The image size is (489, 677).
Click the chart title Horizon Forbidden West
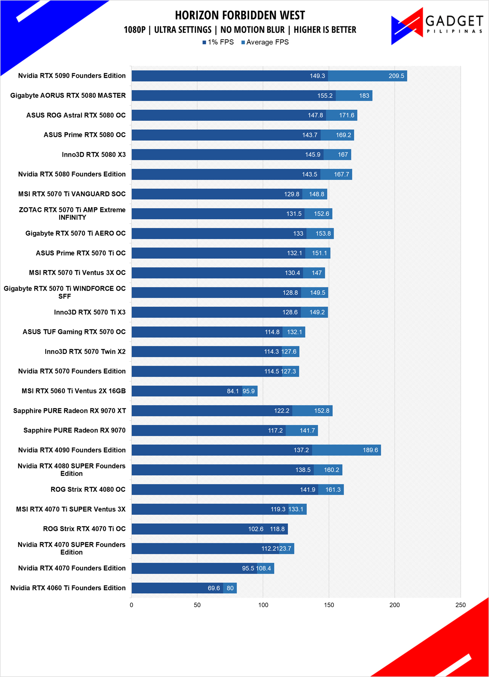pos(240,15)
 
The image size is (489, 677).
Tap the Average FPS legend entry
pos(265,42)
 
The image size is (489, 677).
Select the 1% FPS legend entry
pos(218,42)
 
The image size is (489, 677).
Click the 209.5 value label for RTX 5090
pos(396,76)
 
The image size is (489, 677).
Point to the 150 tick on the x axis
pos(329,605)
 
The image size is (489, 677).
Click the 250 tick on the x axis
pos(460,605)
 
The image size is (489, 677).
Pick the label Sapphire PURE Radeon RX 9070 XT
pos(70,411)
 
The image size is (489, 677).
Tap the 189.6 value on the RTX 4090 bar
pos(370,450)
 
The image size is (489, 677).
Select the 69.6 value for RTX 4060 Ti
pos(214,588)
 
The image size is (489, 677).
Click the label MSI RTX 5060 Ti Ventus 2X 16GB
pos(74,391)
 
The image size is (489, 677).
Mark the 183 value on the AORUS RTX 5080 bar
pos(364,96)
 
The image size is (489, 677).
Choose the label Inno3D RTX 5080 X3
pos(94,155)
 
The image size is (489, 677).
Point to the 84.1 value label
pos(233,391)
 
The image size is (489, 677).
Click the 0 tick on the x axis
pos(131,605)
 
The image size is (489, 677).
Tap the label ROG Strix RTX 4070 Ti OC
pos(84,529)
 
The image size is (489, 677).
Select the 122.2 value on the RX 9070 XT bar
pos(282,411)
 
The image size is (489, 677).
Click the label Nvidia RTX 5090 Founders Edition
pos(72,76)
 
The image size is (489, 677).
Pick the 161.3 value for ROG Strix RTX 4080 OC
pos(333,490)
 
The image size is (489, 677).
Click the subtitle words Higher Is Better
pos(325,30)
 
